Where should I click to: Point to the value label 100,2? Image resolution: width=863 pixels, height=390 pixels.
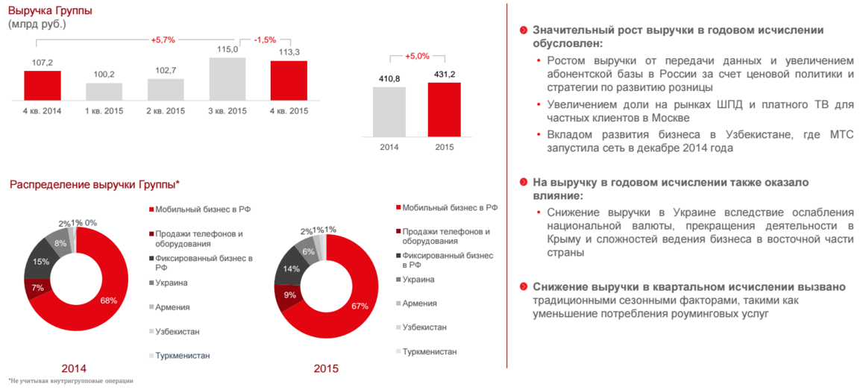104,75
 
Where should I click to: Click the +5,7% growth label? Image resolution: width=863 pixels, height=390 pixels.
163,40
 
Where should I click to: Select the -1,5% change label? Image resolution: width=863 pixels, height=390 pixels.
265,40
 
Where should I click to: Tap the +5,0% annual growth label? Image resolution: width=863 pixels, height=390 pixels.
417,56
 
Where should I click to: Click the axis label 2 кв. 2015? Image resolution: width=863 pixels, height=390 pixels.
166,111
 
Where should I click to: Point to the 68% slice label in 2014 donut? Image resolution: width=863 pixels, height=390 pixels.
109,301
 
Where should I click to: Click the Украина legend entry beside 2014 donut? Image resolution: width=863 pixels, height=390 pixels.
172,283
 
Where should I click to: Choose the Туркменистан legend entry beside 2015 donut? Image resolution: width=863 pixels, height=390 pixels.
429,351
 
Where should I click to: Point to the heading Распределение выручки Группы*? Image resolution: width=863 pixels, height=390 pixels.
94,184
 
